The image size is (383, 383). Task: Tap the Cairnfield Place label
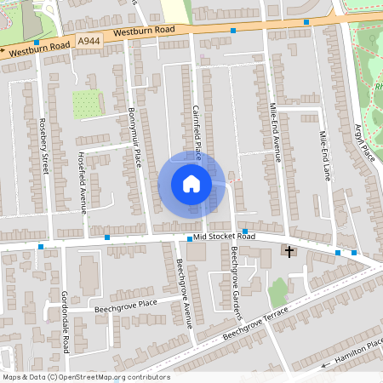click(x=196, y=133)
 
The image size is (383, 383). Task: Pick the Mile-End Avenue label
click(x=275, y=132)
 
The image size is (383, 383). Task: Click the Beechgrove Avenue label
click(x=185, y=292)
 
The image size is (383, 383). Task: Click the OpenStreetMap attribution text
click(x=85, y=377)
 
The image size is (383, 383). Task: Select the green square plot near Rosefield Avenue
click(x=85, y=104)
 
